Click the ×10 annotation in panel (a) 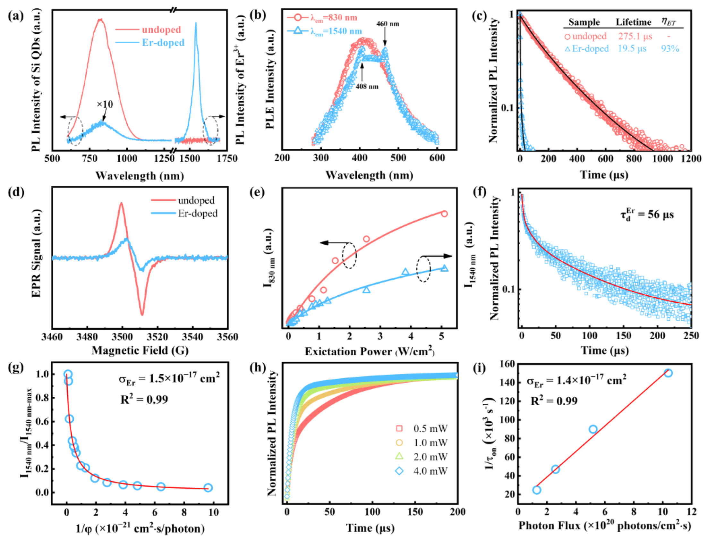coord(105,104)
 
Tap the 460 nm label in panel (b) coord(388,24)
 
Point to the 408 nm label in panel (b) coord(367,87)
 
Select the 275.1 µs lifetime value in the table coord(635,36)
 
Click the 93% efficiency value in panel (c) coord(670,49)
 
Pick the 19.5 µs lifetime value coord(632,49)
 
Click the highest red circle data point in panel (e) coord(444,214)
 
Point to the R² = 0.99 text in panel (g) coord(144,400)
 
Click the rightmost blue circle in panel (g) coord(208,488)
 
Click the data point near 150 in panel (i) coord(668,373)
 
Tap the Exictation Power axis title coord(370,351)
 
